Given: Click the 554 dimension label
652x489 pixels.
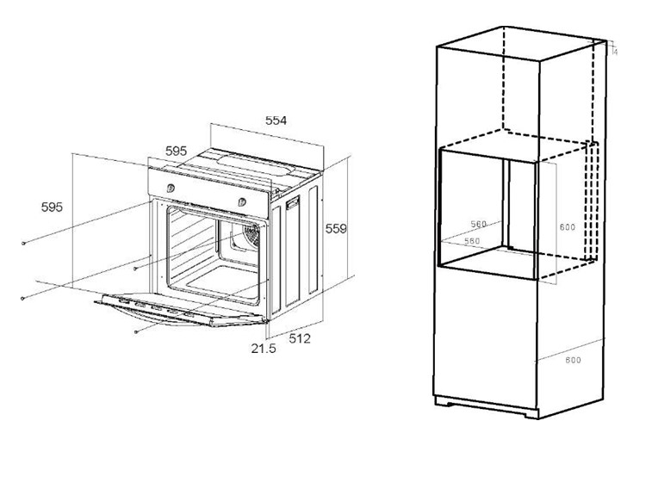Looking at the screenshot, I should click(275, 121).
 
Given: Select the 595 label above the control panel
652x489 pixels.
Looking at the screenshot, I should click(176, 151).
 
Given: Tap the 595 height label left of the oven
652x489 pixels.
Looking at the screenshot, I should click(53, 207).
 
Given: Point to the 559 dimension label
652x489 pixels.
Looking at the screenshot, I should click(335, 229).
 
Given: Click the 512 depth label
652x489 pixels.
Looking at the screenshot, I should click(299, 338).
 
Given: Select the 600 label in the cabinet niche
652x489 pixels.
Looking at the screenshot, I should click(567, 227).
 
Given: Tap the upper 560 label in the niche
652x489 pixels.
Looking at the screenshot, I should click(478, 225).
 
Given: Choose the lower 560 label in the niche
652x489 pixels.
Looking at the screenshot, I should click(471, 241).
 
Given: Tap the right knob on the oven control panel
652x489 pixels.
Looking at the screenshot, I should click(243, 201).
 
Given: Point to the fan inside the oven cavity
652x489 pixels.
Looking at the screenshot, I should click(252, 236).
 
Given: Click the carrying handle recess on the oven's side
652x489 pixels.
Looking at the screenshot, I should click(292, 205).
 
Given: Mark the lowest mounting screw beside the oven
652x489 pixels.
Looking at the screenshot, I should click(137, 331).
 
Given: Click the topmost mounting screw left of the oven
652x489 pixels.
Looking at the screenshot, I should click(25, 244).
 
